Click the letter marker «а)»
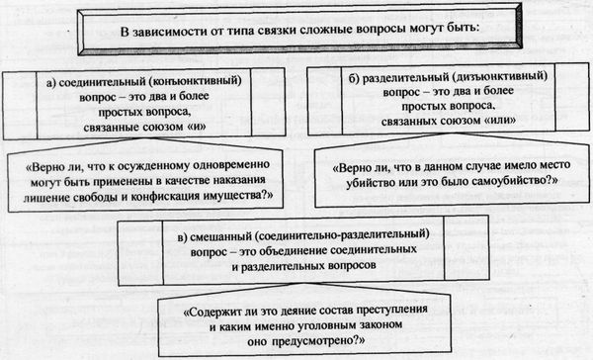(55, 76)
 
